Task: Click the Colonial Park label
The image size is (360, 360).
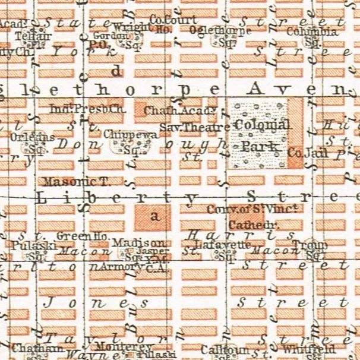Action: pos(261,135)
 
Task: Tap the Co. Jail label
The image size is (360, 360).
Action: pos(303,153)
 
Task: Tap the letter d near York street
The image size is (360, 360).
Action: pos(116,71)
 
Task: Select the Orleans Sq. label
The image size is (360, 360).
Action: pos(33,140)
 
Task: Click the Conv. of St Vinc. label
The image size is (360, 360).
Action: pos(252,210)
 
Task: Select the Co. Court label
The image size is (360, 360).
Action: pos(173,20)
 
